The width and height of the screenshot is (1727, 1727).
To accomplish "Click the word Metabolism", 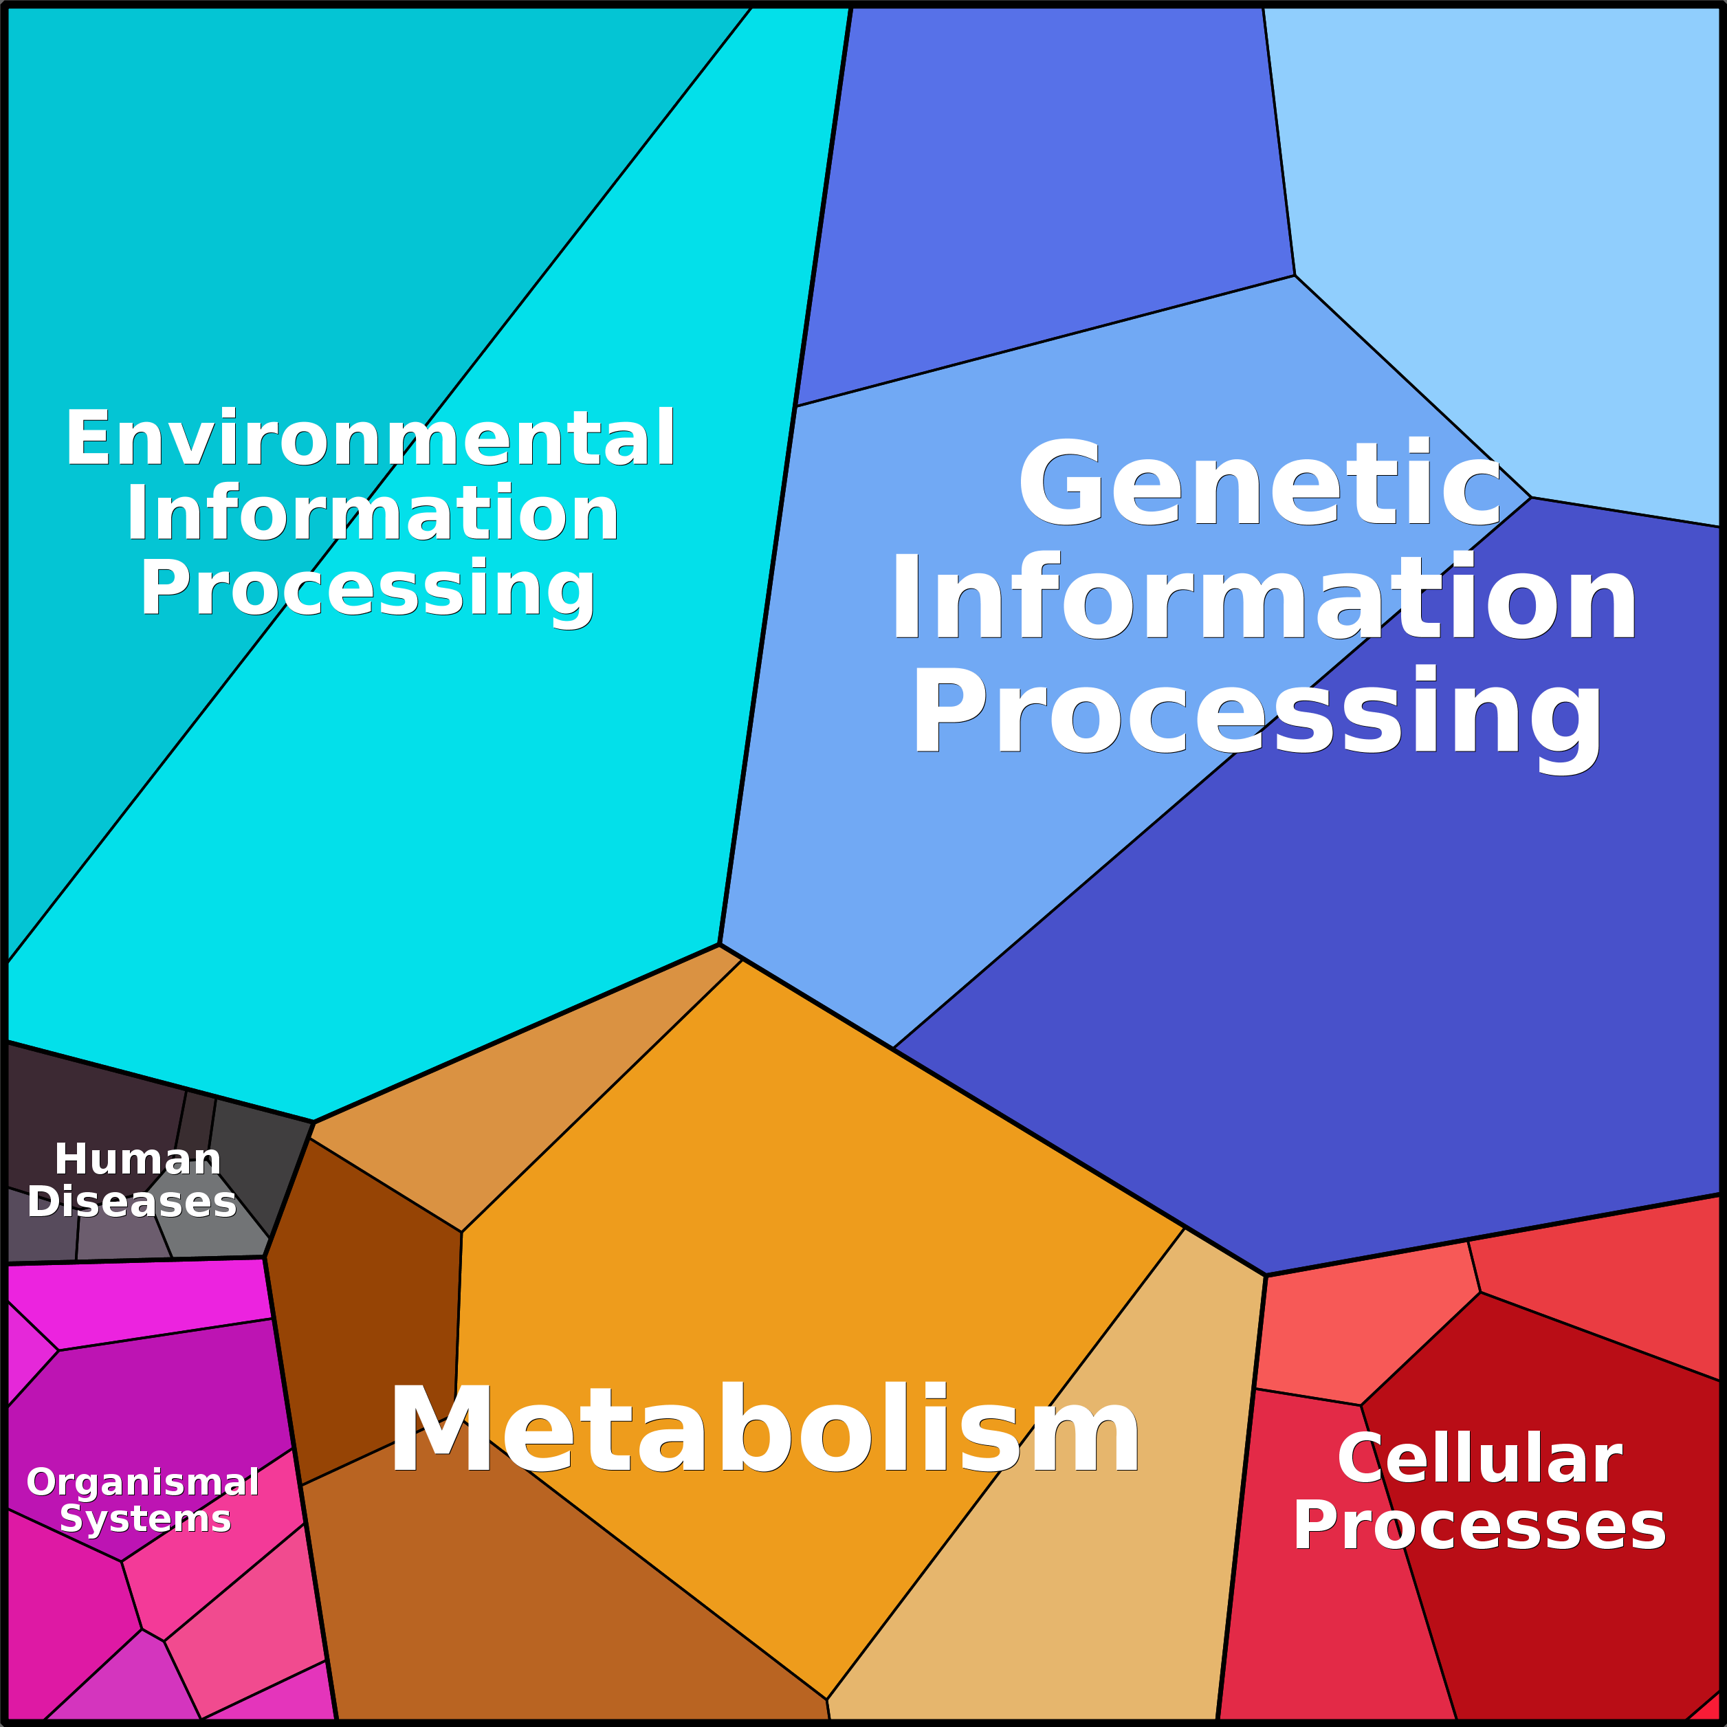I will click(764, 1429).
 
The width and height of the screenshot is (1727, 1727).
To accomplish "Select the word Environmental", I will click(370, 438).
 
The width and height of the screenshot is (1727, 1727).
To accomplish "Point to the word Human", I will click(137, 1159).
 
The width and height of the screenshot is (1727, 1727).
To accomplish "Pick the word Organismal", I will click(143, 1482).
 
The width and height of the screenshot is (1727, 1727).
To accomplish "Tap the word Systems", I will click(145, 1519).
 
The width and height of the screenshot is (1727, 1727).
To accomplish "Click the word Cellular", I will click(1479, 1459).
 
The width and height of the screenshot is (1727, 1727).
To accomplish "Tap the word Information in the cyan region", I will click(372, 514).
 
